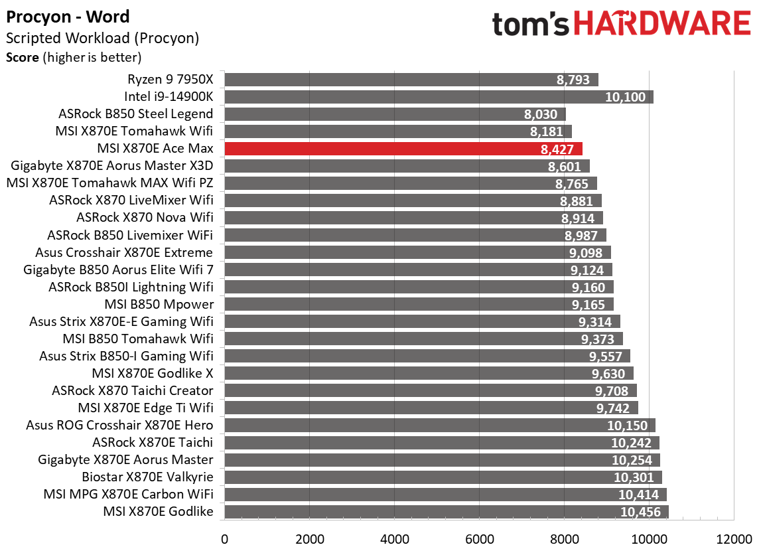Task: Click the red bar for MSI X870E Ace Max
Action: [403, 149]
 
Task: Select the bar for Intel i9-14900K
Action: [439, 97]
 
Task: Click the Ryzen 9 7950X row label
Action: [171, 80]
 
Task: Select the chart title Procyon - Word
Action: [68, 17]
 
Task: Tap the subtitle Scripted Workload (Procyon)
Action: [102, 38]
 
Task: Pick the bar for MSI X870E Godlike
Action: [446, 511]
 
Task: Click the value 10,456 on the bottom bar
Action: [640, 512]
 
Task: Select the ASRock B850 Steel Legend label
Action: [136, 114]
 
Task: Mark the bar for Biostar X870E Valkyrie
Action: [443, 477]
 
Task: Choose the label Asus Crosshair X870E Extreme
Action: [124, 252]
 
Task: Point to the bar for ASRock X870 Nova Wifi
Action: [413, 218]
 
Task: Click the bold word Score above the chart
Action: [22, 57]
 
